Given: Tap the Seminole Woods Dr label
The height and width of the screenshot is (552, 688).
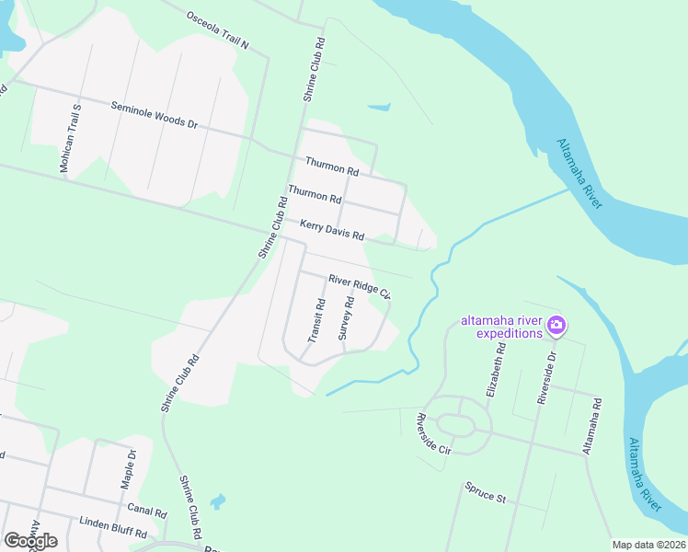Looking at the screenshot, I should pos(155,114).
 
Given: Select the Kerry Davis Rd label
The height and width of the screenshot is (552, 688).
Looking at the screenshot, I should pos(332,229).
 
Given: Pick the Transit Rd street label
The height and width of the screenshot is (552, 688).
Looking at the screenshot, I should pos(315,320).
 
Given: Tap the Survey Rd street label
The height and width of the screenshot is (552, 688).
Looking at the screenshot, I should pos(346,318).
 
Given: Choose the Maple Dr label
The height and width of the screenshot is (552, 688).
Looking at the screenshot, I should pos(129,469).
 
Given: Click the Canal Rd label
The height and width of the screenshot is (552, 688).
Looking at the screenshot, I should pos(147,512).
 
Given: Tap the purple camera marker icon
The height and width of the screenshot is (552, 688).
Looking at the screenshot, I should pos(556,325).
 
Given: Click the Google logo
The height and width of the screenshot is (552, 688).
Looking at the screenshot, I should pos(30,540).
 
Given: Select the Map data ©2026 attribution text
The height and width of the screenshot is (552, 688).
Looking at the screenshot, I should pos(648,545).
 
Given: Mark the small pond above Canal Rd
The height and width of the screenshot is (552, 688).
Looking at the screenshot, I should pos(217,501).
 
